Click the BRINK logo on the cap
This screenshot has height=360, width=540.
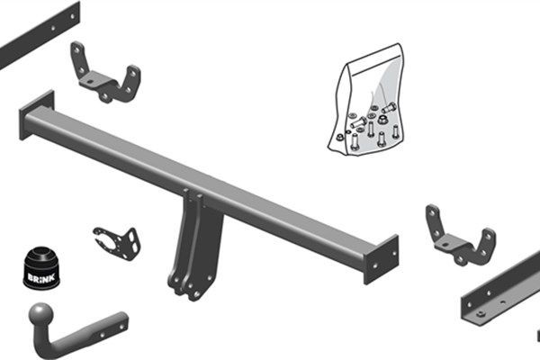[x=41, y=277]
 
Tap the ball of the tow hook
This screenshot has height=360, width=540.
[x=41, y=314]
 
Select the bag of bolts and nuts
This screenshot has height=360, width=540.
[x=366, y=100]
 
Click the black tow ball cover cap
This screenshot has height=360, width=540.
[x=41, y=267]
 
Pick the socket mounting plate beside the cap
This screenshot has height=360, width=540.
[x=117, y=243]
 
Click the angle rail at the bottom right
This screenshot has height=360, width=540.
[x=502, y=289]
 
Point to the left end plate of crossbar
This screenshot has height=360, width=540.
[x=37, y=114]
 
